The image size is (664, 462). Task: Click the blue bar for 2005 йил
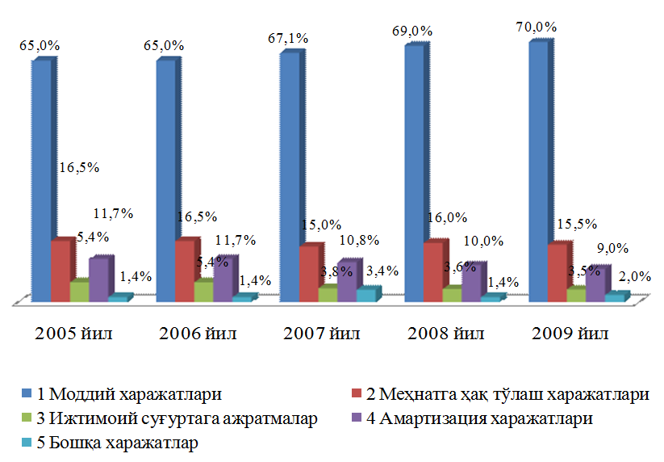pos(40,178)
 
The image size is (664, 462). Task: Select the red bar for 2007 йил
pos(308,273)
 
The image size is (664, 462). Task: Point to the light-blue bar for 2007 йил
pos(365,295)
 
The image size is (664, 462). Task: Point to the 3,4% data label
pos(382,271)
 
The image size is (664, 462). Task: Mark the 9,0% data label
pos(611,249)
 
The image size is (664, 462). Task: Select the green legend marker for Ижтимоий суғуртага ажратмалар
pos(27,419)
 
